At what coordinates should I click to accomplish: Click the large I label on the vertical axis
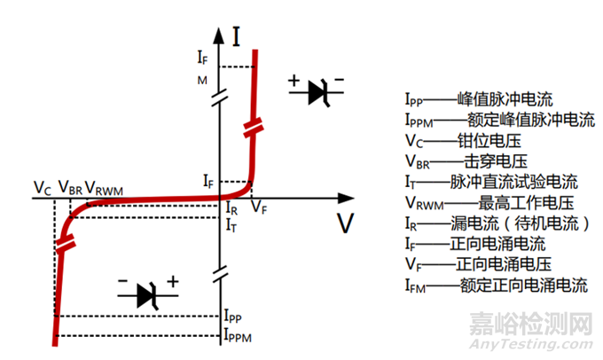point(237,36)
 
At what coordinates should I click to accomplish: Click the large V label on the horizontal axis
point(344,223)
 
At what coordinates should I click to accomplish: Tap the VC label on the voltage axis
point(42,187)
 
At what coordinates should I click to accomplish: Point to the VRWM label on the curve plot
point(104,187)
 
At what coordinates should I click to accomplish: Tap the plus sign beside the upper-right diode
point(294,82)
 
